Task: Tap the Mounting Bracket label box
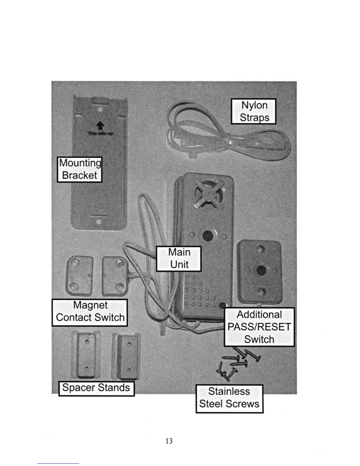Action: click(x=79, y=169)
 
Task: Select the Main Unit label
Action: click(x=179, y=258)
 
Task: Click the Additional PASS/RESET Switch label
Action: click(x=259, y=327)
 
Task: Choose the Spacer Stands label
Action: click(x=96, y=388)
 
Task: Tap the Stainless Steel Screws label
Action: click(x=229, y=398)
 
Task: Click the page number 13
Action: click(x=169, y=441)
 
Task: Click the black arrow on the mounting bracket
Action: click(x=100, y=126)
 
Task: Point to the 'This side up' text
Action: click(x=100, y=134)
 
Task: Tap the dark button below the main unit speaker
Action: click(x=208, y=235)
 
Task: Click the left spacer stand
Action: click(x=86, y=355)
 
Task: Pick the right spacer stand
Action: click(x=127, y=357)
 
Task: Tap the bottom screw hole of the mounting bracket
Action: click(x=99, y=222)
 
